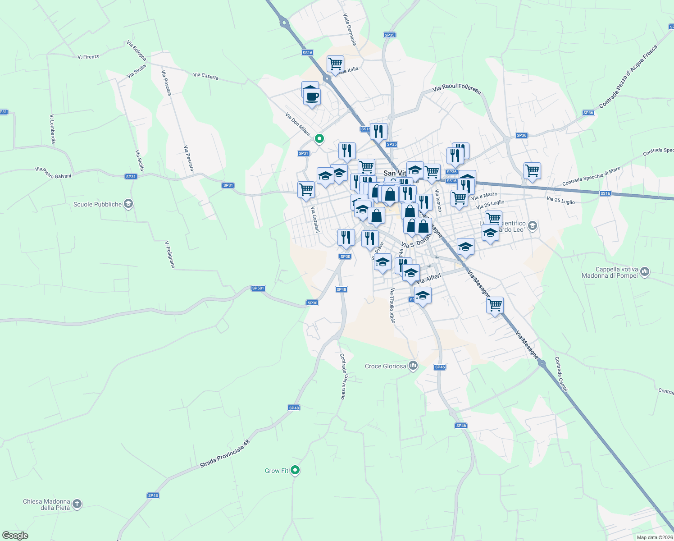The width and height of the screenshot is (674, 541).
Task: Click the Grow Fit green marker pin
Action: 295,470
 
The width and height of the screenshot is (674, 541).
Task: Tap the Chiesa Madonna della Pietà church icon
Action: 77,504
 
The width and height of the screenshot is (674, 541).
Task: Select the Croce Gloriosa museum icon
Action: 413,366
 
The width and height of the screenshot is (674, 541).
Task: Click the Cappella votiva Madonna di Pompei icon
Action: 644,271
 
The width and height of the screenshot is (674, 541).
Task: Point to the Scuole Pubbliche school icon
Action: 128,204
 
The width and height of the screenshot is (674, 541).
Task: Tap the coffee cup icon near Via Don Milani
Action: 312,96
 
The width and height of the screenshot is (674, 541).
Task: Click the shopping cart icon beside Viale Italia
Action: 335,64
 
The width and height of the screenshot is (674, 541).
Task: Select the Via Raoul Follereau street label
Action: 456,89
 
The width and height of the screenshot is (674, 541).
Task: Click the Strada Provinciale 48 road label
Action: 224,454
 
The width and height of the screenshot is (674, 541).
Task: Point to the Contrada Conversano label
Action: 343,376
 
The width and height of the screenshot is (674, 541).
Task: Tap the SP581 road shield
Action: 258,288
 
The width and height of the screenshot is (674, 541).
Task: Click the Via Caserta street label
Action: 205,76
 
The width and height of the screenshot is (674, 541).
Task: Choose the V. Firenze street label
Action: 88,57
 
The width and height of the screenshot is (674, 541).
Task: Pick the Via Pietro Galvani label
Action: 53,172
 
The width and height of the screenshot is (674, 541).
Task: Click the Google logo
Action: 15,535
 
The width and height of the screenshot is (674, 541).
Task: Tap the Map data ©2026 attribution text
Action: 655,537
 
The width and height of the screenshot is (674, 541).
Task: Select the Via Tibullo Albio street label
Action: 392,306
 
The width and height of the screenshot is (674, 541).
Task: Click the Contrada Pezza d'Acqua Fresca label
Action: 628,77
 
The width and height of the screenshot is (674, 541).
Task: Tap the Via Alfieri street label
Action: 428,278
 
